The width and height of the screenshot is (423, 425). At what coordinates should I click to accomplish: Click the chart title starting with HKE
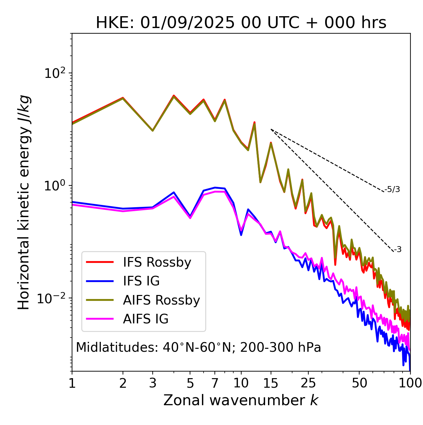coord(241,23)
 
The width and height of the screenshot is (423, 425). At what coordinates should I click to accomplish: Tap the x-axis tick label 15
coord(271,383)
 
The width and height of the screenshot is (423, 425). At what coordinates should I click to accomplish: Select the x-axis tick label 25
coord(308,383)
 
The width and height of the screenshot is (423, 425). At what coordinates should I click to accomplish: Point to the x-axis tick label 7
coord(215,383)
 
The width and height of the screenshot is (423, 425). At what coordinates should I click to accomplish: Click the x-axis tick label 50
coord(359,383)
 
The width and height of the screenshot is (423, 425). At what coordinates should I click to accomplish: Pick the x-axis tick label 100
coord(410,383)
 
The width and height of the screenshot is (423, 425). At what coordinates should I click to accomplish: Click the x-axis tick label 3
coord(152,383)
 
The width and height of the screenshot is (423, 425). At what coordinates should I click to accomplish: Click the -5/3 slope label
coord(392,189)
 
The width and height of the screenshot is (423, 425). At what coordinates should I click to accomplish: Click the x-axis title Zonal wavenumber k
coord(241,400)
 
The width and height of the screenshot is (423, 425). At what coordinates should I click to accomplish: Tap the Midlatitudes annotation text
coord(198,347)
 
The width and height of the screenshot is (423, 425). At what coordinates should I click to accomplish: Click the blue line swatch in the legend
coord(100,281)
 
